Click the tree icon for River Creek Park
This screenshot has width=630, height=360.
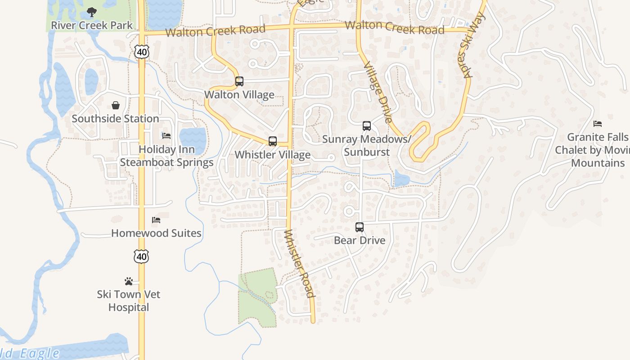pos(92,12)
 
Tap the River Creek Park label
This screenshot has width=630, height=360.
pos(92,25)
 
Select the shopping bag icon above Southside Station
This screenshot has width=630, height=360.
pos(116,105)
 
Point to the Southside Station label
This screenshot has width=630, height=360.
pos(116,119)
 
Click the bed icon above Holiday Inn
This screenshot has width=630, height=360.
pos(166,136)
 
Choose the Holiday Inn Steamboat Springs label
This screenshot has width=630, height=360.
pos(166,156)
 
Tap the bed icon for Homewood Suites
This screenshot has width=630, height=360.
pos(156,220)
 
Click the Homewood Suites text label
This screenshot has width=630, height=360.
pos(156,233)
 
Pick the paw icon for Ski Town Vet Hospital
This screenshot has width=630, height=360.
pos(129,281)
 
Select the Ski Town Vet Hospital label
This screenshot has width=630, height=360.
pos(129,301)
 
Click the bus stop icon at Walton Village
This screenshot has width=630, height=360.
pos(239,81)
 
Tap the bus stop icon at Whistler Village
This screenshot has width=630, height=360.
pos(273,141)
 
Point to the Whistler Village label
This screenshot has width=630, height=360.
pos(273,155)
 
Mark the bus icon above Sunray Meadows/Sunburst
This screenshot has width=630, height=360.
pos(367,126)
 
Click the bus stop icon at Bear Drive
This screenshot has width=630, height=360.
pos(360,227)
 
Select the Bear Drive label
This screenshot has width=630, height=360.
pos(360,240)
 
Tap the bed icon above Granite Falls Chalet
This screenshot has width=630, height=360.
pos(598,124)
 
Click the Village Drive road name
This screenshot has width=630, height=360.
pos(378,92)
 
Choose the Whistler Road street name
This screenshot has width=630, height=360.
pos(299,264)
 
